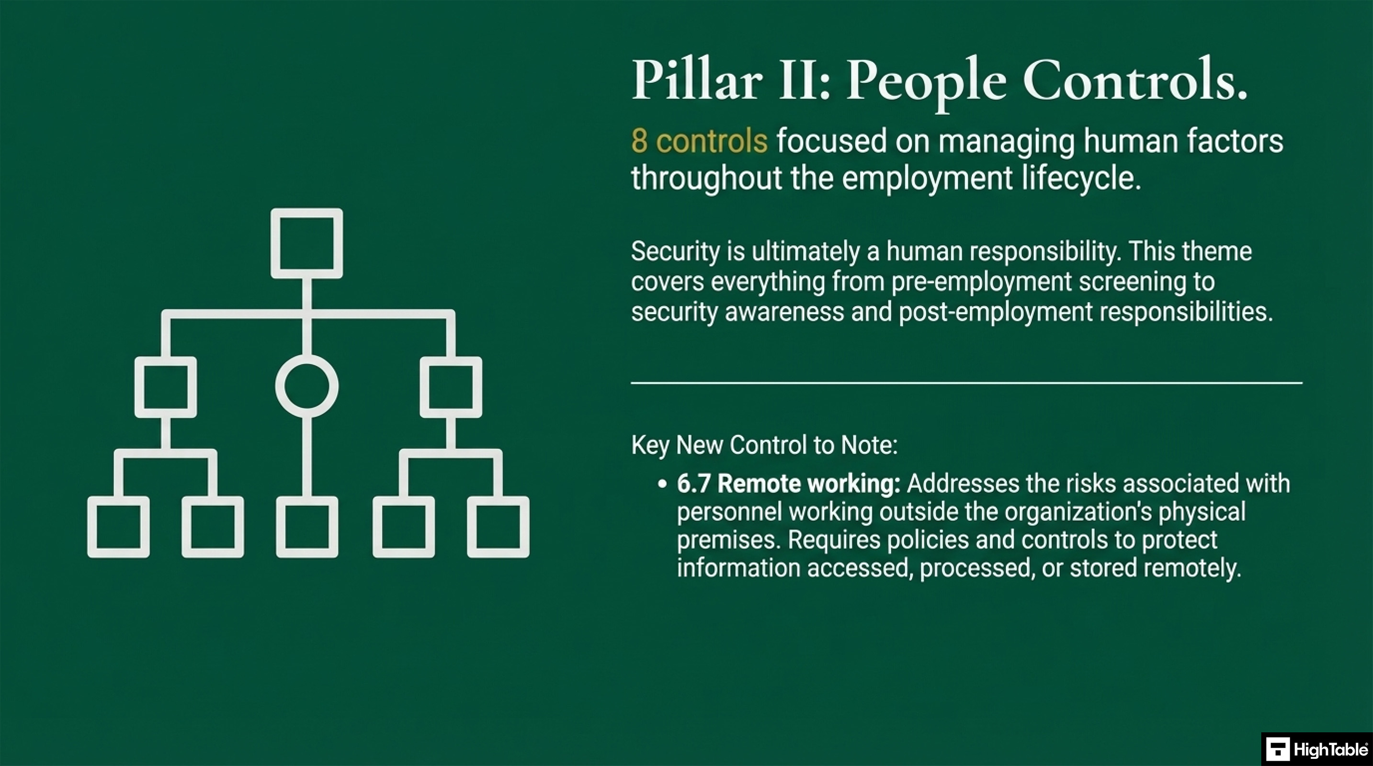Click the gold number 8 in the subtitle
[639, 141]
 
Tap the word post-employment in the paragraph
[996, 312]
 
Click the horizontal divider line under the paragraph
[966, 383]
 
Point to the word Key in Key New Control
[650, 445]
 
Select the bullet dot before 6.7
[662, 484]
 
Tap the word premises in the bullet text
[727, 540]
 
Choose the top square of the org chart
[306, 243]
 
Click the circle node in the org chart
[306, 386]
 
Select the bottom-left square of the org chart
[118, 527]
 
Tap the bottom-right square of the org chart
[498, 527]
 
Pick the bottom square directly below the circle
[306, 527]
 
